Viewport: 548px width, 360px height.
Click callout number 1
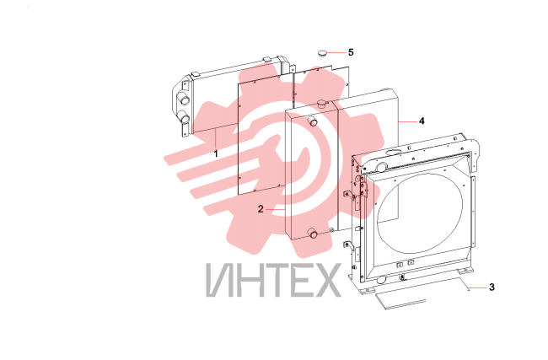coord(216,153)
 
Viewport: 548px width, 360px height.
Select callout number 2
coord(261,209)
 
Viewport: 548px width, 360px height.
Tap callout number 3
coord(492,287)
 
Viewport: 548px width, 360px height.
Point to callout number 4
coord(422,121)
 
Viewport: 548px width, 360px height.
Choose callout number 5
coord(351,52)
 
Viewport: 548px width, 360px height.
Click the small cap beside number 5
coord(322,53)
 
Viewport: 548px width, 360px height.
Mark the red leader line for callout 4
coord(408,121)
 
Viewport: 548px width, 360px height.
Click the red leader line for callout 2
coord(276,209)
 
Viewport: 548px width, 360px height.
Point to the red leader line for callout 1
coord(216,138)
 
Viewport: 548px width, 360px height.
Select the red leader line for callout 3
coord(477,288)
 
